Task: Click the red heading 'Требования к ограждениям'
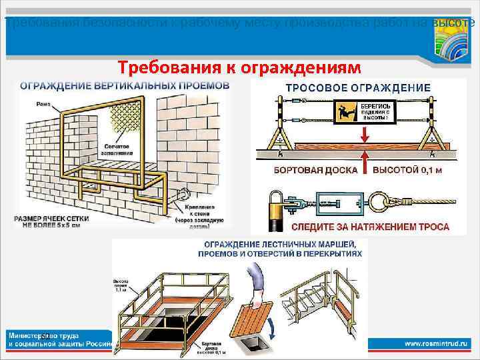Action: (x=239, y=67)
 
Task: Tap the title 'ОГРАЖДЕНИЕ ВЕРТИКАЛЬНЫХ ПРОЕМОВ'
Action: (x=125, y=85)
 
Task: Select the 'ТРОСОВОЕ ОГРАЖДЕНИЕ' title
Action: (x=358, y=87)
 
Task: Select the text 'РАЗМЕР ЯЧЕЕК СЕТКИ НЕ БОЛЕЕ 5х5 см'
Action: (x=55, y=221)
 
